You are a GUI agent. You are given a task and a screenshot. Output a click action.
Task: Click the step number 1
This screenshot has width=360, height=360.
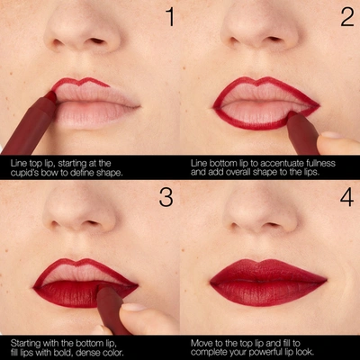pyautogui.click(x=162, y=18)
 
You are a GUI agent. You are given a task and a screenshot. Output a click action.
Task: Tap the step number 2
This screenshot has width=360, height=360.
pyautogui.click(x=343, y=18)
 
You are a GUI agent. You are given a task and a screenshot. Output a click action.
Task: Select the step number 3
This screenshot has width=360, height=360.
pyautogui.click(x=164, y=199)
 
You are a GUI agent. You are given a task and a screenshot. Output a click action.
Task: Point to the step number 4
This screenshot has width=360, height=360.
pyautogui.click(x=343, y=199)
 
